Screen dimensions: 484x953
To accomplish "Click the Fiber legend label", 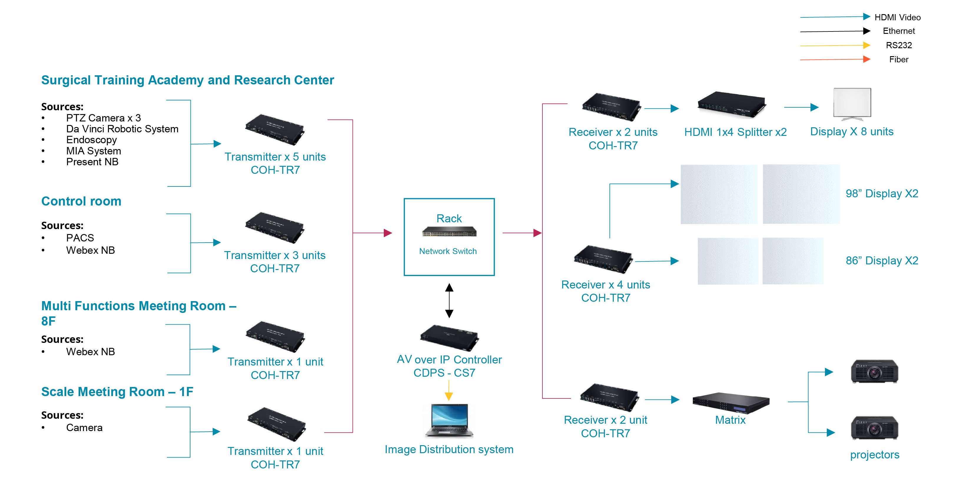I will click(x=898, y=59).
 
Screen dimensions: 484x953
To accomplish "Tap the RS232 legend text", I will click(x=898, y=45).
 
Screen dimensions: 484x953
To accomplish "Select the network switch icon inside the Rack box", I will click(x=449, y=232).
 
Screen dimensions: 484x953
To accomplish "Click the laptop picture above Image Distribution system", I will click(x=449, y=420).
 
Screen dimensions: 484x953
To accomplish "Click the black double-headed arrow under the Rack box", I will click(x=449, y=300).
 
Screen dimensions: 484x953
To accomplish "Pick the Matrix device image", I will click(x=731, y=403).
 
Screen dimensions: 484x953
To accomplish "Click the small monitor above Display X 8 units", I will click(x=852, y=104).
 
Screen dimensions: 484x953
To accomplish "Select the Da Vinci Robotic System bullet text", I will click(x=122, y=129).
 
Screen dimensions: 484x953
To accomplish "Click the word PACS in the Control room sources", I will click(x=80, y=238).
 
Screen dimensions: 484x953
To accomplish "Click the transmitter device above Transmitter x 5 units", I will click(x=275, y=129).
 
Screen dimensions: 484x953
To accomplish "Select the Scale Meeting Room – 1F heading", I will click(x=117, y=392).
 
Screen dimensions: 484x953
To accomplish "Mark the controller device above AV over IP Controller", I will click(x=449, y=338).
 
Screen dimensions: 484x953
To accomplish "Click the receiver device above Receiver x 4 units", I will click(x=603, y=259).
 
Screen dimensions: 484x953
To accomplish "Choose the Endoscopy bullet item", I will click(x=91, y=140).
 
